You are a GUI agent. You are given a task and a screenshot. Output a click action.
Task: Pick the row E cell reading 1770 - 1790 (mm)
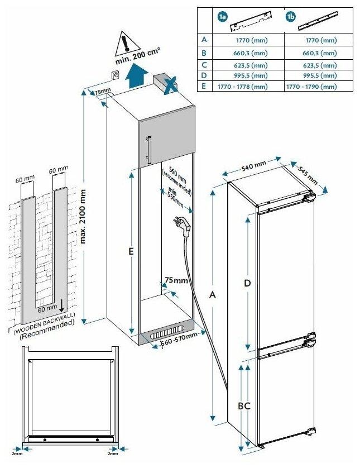pos(311,87)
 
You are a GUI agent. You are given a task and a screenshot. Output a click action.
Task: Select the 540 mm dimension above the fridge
pos(254,166)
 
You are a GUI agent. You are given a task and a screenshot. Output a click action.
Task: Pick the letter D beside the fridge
pos(247,283)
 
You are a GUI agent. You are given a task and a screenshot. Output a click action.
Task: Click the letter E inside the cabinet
pos(130,252)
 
